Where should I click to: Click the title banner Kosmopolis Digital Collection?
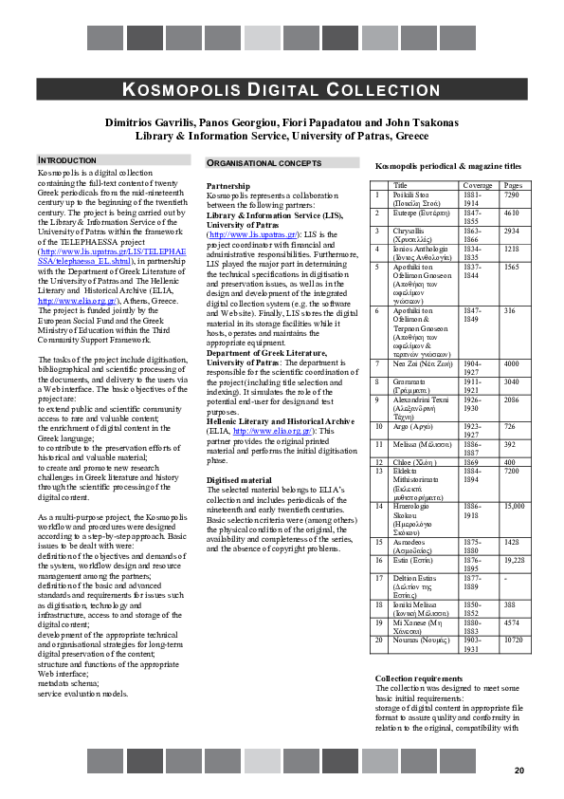click(282, 90)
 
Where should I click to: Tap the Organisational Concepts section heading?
click(264, 163)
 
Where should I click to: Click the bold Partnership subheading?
click(228, 186)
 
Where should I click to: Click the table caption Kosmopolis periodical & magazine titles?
click(447, 166)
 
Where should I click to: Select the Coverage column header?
click(477, 185)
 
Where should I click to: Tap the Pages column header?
click(513, 185)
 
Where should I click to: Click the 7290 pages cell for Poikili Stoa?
click(512, 194)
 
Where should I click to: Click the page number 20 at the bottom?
click(519, 770)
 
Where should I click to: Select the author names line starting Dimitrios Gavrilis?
click(281, 121)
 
